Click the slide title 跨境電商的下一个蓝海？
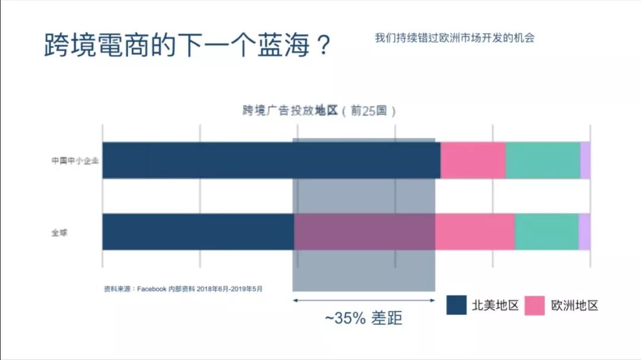(x=187, y=45)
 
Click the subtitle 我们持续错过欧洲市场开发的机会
(x=455, y=38)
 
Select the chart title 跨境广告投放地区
(x=290, y=111)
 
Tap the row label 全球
(x=59, y=232)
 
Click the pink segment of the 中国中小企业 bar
(x=472, y=160)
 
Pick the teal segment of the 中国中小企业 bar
(x=542, y=160)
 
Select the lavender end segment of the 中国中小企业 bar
(x=585, y=160)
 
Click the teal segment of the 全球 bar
(x=546, y=231)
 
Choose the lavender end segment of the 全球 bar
(x=585, y=231)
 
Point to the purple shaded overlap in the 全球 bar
(x=364, y=231)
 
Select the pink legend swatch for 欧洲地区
(x=535, y=305)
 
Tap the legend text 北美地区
(x=495, y=306)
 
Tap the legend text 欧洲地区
(x=575, y=306)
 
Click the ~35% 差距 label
(x=363, y=318)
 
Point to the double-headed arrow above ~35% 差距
(x=363, y=301)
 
